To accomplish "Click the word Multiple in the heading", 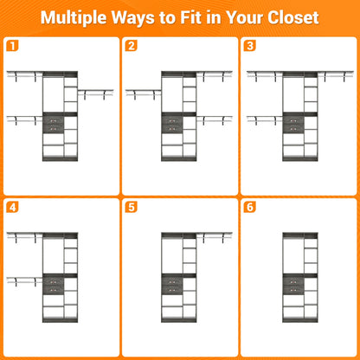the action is coord(74,18).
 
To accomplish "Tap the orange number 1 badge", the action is coord(12,46).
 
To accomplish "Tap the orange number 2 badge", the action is coord(131,46).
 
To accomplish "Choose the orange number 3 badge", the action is coord(250,46).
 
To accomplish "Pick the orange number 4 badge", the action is coord(12,207).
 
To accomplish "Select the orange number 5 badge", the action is coord(131,207).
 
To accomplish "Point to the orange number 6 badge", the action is coord(250,207).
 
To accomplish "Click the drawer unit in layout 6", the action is coord(293,286).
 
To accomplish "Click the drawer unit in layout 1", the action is coord(54,125).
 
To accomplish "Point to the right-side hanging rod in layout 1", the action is coord(95,93).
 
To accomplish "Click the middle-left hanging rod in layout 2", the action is coord(144,93).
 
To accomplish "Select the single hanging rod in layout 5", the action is coord(215,235).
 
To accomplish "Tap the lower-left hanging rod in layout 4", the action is coord(24,280).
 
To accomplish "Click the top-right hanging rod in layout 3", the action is coord(336,74).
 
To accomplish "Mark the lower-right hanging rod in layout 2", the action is coord(215,119).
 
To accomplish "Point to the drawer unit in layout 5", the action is coord(172,286).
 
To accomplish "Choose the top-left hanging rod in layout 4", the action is coord(24,235).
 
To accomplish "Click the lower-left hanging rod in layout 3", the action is coord(265,119).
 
